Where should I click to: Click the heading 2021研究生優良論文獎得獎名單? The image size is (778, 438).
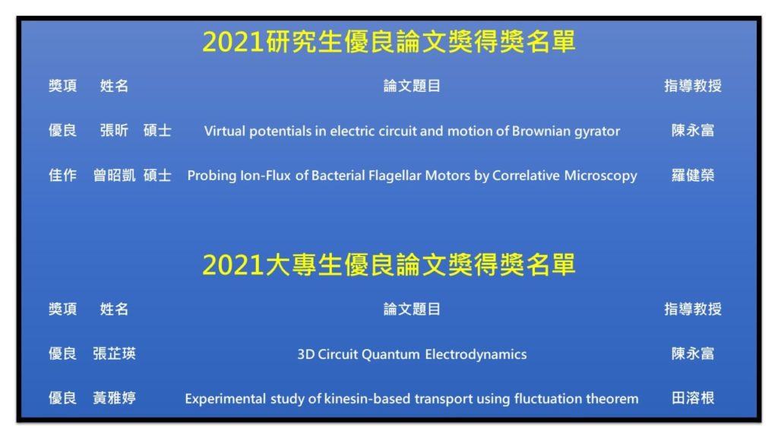(x=388, y=41)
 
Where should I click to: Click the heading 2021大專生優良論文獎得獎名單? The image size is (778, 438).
(x=388, y=264)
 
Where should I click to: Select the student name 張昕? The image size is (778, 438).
(x=114, y=131)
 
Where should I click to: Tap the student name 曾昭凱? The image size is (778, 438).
(x=114, y=176)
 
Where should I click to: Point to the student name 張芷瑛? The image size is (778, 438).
(x=114, y=354)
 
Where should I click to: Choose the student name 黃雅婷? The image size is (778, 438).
(x=114, y=398)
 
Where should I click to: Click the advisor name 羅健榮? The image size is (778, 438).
(x=693, y=176)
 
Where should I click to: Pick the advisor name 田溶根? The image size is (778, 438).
(x=693, y=398)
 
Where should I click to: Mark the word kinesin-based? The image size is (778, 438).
(x=367, y=398)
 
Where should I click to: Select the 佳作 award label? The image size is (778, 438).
(x=62, y=176)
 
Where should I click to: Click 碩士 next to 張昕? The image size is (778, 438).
(x=157, y=131)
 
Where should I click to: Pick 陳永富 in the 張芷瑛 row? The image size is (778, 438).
(x=693, y=354)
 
